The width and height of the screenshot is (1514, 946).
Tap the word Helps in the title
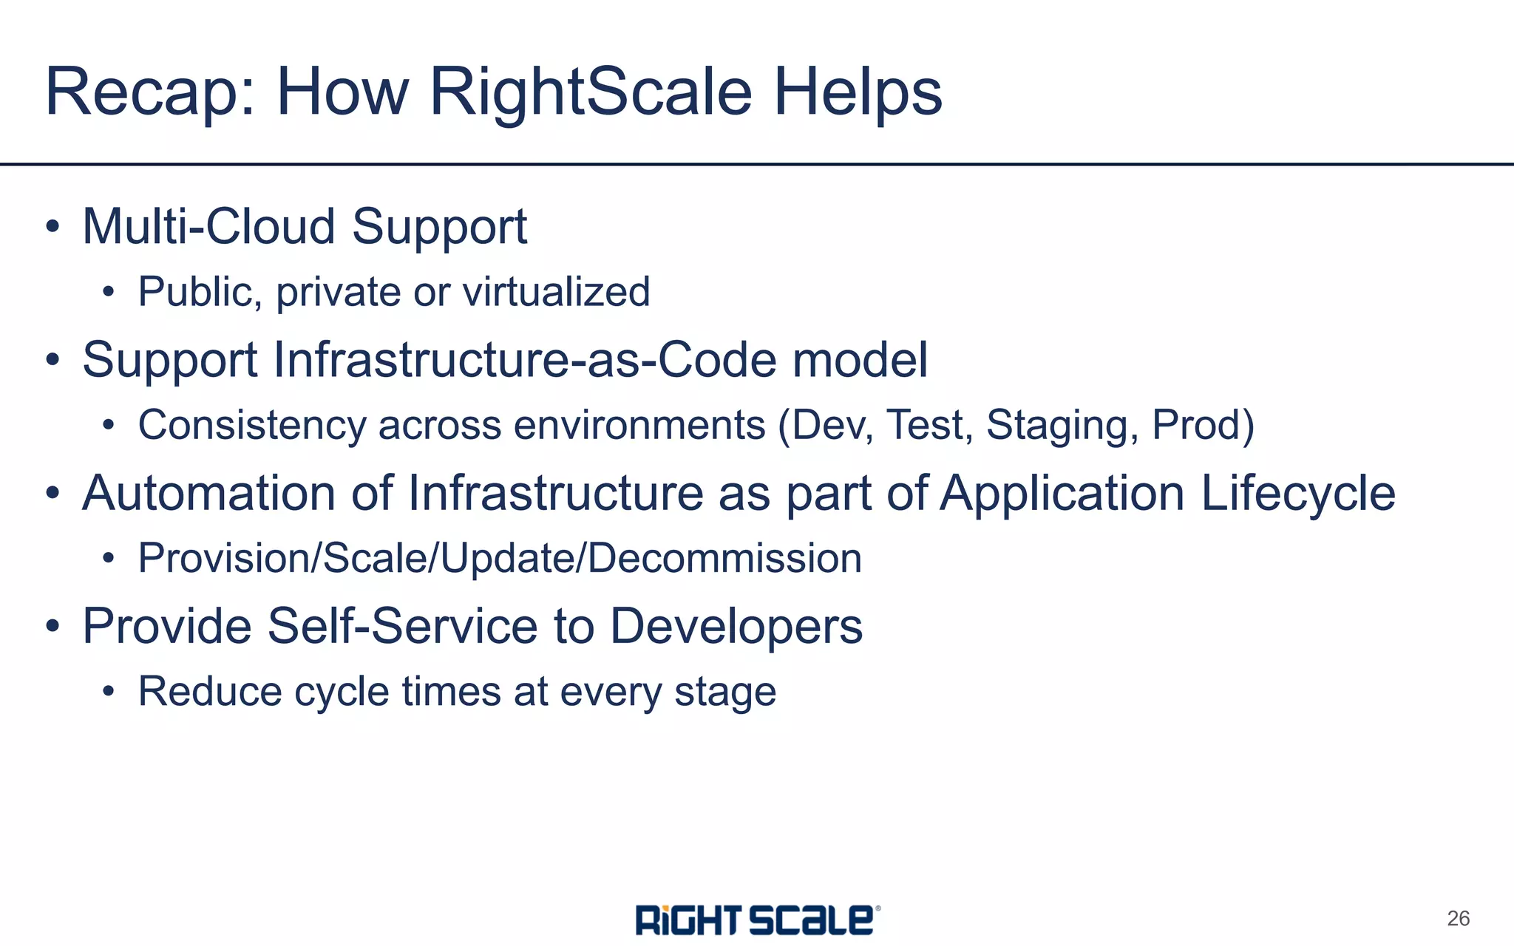(x=858, y=94)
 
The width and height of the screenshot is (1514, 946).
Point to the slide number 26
(x=1458, y=919)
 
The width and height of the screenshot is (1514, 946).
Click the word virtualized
(x=556, y=292)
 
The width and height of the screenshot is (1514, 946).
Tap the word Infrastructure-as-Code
(x=525, y=361)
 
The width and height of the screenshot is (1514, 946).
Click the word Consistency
(x=252, y=426)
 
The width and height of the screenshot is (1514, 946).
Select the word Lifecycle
(x=1297, y=494)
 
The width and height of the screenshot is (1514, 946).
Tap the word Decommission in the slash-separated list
(x=724, y=559)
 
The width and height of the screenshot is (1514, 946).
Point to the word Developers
(x=736, y=627)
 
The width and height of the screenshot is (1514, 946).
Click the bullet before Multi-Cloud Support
(x=52, y=227)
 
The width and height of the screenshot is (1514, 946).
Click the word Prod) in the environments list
(x=1203, y=426)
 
